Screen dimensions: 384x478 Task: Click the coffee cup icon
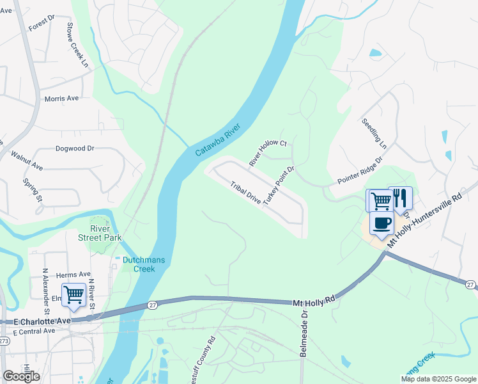[382, 223]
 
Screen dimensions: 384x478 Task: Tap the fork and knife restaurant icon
[401, 198]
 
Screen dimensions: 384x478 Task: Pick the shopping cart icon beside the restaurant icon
[380, 200]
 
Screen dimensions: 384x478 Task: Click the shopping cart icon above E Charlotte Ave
[73, 295]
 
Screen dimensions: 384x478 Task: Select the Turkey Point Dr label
[278, 185]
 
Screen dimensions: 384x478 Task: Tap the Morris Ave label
[61, 99]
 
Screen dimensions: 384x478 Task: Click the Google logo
[21, 376]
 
